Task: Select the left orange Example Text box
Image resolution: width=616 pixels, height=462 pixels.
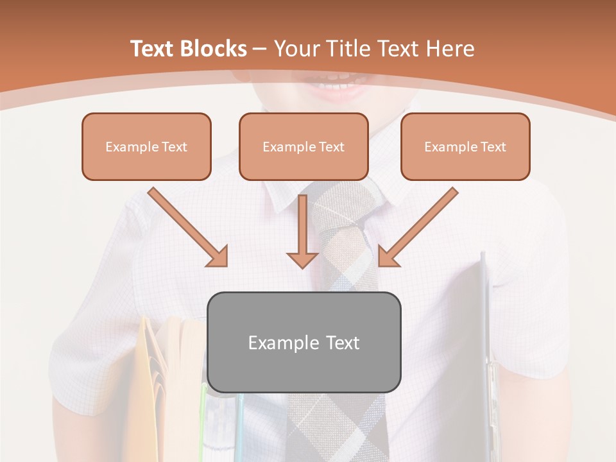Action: (x=146, y=146)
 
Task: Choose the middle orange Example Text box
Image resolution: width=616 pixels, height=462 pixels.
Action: (x=304, y=146)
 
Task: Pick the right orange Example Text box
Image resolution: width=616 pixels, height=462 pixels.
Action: (x=465, y=146)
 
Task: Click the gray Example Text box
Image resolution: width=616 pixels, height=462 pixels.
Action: (x=304, y=342)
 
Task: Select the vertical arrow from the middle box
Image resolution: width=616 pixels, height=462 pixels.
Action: (x=302, y=231)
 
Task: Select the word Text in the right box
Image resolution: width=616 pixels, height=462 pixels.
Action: (x=493, y=147)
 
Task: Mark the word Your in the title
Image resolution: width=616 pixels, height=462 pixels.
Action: (x=298, y=49)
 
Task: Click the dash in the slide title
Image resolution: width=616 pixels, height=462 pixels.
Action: (x=260, y=49)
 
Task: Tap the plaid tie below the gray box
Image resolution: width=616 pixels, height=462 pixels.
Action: (x=337, y=427)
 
